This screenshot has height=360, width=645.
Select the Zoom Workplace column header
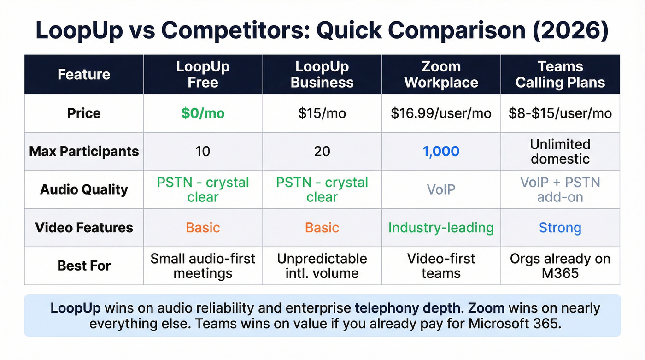(441, 75)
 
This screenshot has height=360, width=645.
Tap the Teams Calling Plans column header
(560, 75)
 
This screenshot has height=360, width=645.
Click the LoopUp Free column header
(203, 75)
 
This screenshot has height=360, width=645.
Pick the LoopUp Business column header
(322, 75)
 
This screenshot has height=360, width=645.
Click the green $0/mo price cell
(203, 113)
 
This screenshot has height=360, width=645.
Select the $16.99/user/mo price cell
(441, 113)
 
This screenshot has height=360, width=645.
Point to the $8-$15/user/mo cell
(560, 113)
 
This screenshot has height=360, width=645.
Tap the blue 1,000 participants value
(441, 152)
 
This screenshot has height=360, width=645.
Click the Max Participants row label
(84, 152)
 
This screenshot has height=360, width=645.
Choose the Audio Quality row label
(84, 189)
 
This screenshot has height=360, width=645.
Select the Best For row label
(84, 266)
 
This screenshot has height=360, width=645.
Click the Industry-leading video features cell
(441, 228)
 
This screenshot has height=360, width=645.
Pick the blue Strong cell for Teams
(560, 228)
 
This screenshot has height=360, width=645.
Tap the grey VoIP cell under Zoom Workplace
(441, 189)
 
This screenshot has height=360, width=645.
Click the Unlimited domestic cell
(560, 152)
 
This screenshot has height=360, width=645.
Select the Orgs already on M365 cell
(560, 266)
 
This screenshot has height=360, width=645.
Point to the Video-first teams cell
(441, 266)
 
